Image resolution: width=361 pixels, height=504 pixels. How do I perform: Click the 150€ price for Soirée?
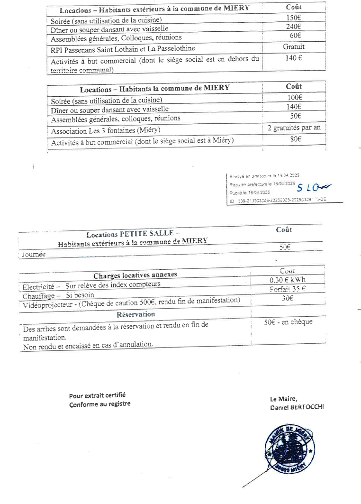click(x=294, y=18)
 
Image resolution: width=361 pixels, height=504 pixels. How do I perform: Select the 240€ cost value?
click(x=294, y=27)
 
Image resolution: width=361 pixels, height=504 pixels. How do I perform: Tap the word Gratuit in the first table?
click(x=294, y=46)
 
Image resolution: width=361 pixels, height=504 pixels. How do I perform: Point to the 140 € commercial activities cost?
click(x=294, y=58)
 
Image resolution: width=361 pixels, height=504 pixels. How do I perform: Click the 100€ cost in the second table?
click(x=294, y=98)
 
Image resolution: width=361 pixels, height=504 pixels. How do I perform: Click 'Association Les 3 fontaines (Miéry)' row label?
click(x=106, y=130)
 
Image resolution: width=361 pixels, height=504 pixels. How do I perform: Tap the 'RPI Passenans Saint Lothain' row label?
click(x=123, y=48)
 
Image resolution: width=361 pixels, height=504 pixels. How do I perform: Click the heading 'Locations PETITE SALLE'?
click(x=133, y=234)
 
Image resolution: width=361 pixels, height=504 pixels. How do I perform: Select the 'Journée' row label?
click(x=34, y=255)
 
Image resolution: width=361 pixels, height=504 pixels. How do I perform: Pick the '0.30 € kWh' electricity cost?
click(x=288, y=280)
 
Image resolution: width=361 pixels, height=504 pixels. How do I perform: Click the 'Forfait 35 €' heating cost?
click(x=288, y=289)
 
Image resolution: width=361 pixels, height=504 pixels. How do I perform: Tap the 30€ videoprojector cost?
click(x=288, y=298)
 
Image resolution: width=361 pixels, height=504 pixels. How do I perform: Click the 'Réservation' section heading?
click(x=135, y=314)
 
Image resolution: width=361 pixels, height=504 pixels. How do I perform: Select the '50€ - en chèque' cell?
click(x=288, y=322)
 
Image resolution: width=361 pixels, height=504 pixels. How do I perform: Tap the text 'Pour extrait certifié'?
click(x=98, y=395)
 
